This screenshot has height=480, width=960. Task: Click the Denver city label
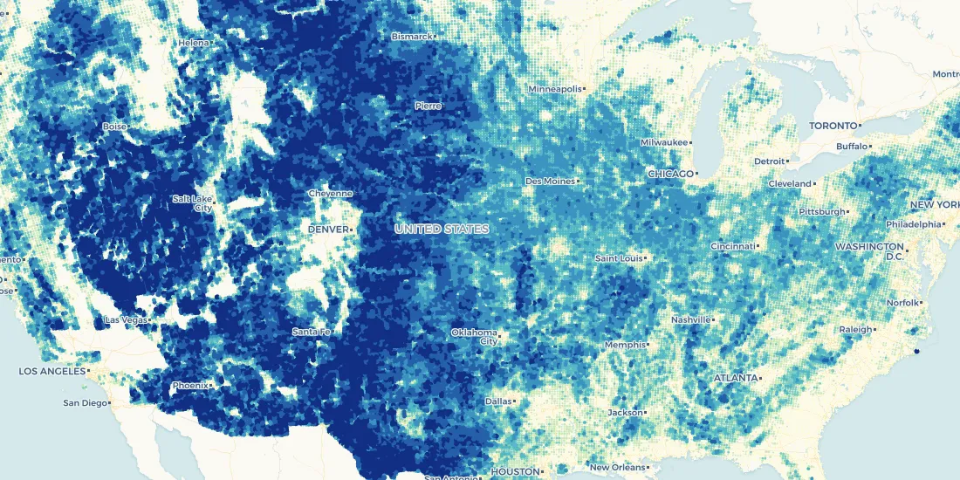pos(327,229)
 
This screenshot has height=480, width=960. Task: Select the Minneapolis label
pos(554,89)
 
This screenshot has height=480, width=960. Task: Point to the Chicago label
pos(670,174)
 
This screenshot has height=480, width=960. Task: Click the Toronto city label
pos(832,126)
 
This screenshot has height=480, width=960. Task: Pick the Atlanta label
pos(736,378)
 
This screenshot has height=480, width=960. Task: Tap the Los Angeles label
pos(53,371)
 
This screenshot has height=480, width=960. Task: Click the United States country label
pos(441,229)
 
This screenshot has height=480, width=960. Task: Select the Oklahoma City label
pos(475,337)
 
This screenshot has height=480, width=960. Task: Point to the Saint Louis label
pos(619,258)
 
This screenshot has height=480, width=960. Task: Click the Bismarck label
pos(411,37)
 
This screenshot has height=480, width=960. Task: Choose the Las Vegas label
pos(126,320)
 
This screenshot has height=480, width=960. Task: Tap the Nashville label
pos(691,319)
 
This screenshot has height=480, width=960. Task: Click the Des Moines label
pos(550,181)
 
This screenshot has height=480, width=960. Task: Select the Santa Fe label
pos(311,332)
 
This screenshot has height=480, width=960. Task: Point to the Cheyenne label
pos(330,193)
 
